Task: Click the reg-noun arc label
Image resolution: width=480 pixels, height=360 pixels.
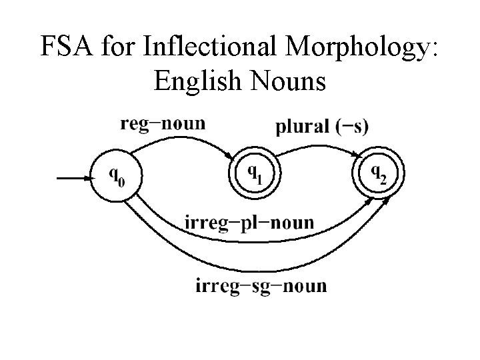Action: pos(163,123)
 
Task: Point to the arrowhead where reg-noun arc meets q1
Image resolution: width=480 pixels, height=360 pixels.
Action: pos(231,156)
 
